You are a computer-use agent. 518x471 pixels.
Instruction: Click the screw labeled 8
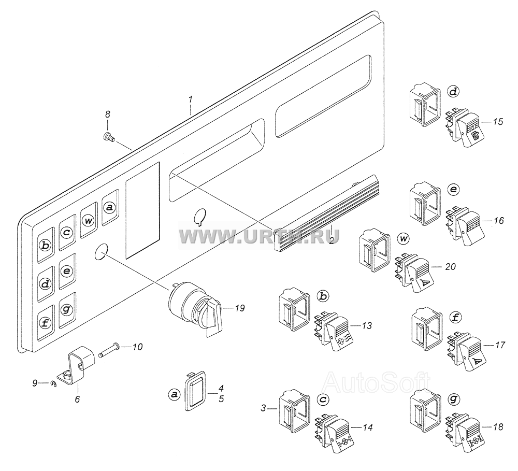[109, 136]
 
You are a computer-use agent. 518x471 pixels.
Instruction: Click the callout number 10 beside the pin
[137, 347]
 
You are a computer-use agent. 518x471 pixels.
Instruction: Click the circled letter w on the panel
[88, 220]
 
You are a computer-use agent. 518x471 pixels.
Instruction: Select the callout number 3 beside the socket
[263, 408]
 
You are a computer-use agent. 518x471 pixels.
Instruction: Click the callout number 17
[499, 345]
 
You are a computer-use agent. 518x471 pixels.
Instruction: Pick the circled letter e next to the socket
[454, 190]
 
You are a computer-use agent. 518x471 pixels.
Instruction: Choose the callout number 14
[367, 427]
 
